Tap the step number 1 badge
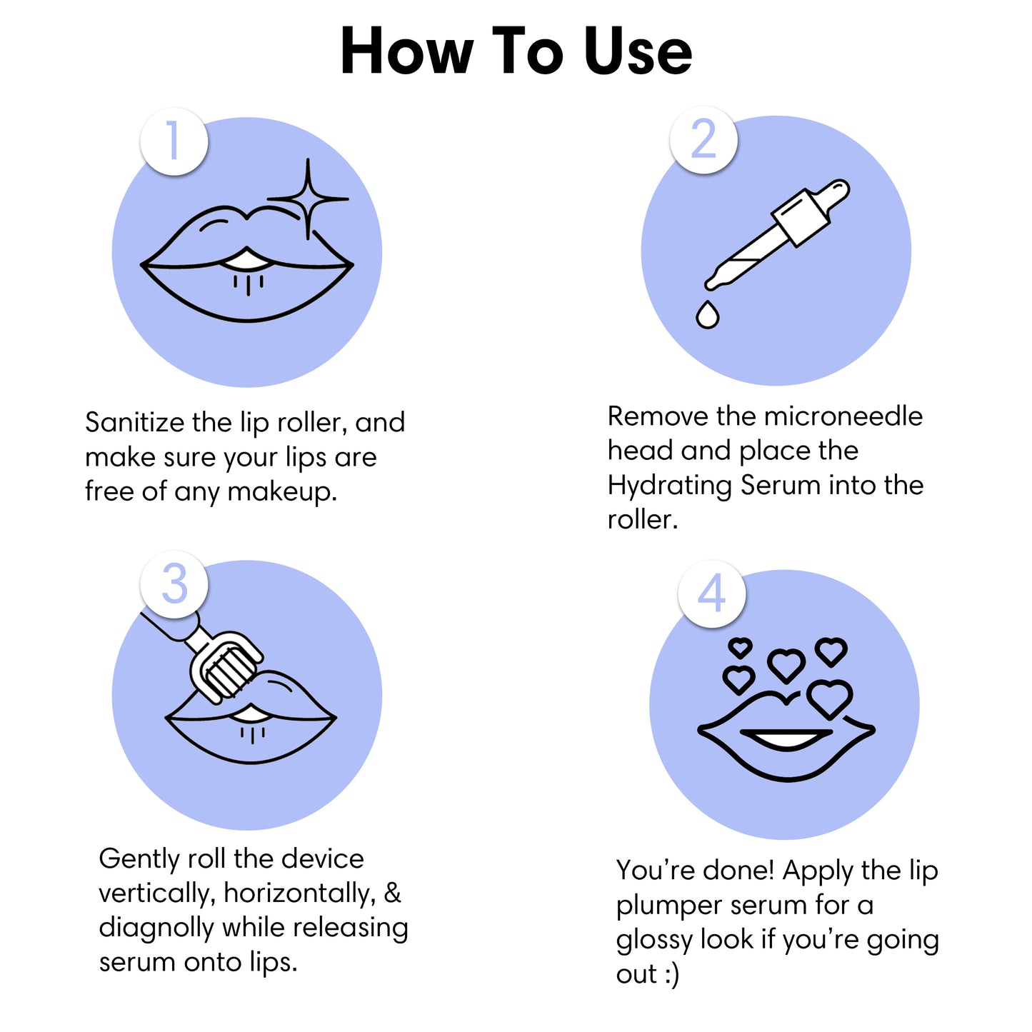click(174, 141)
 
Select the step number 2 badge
click(703, 139)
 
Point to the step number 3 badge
click(174, 584)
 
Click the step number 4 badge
click(712, 593)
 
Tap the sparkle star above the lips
click(308, 199)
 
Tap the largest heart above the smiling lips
click(830, 698)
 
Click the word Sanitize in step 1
click(135, 423)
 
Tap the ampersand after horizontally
click(393, 893)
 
